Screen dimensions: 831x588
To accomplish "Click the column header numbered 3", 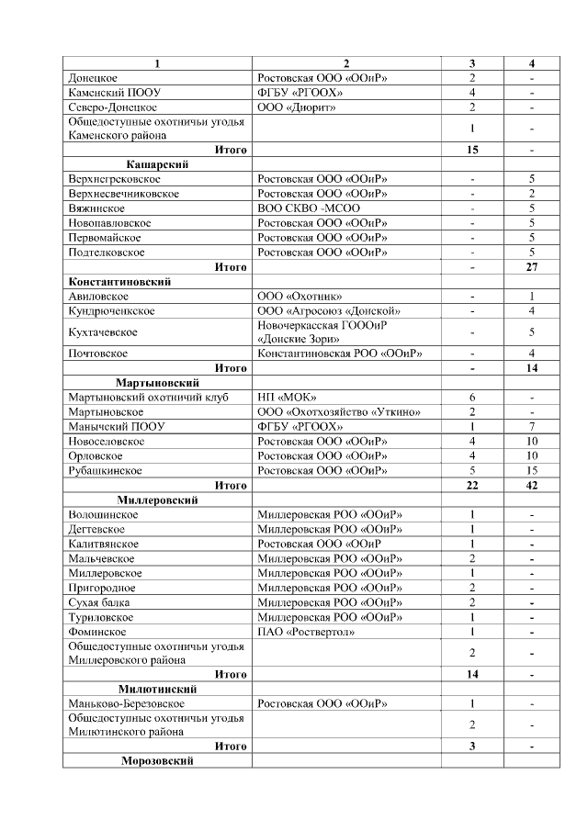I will click(471, 63).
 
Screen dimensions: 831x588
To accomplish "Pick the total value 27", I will click(532, 267).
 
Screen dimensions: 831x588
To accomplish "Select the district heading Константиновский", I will click(120, 282).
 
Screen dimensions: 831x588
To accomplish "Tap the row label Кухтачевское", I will click(103, 332).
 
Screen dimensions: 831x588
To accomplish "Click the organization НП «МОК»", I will click(288, 397).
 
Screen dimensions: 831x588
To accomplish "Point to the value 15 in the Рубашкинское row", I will click(532, 470).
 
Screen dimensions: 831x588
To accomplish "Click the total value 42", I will click(532, 485).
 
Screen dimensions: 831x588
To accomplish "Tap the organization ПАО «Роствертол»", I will click(311, 632).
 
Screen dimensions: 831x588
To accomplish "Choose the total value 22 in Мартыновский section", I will click(471, 485).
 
